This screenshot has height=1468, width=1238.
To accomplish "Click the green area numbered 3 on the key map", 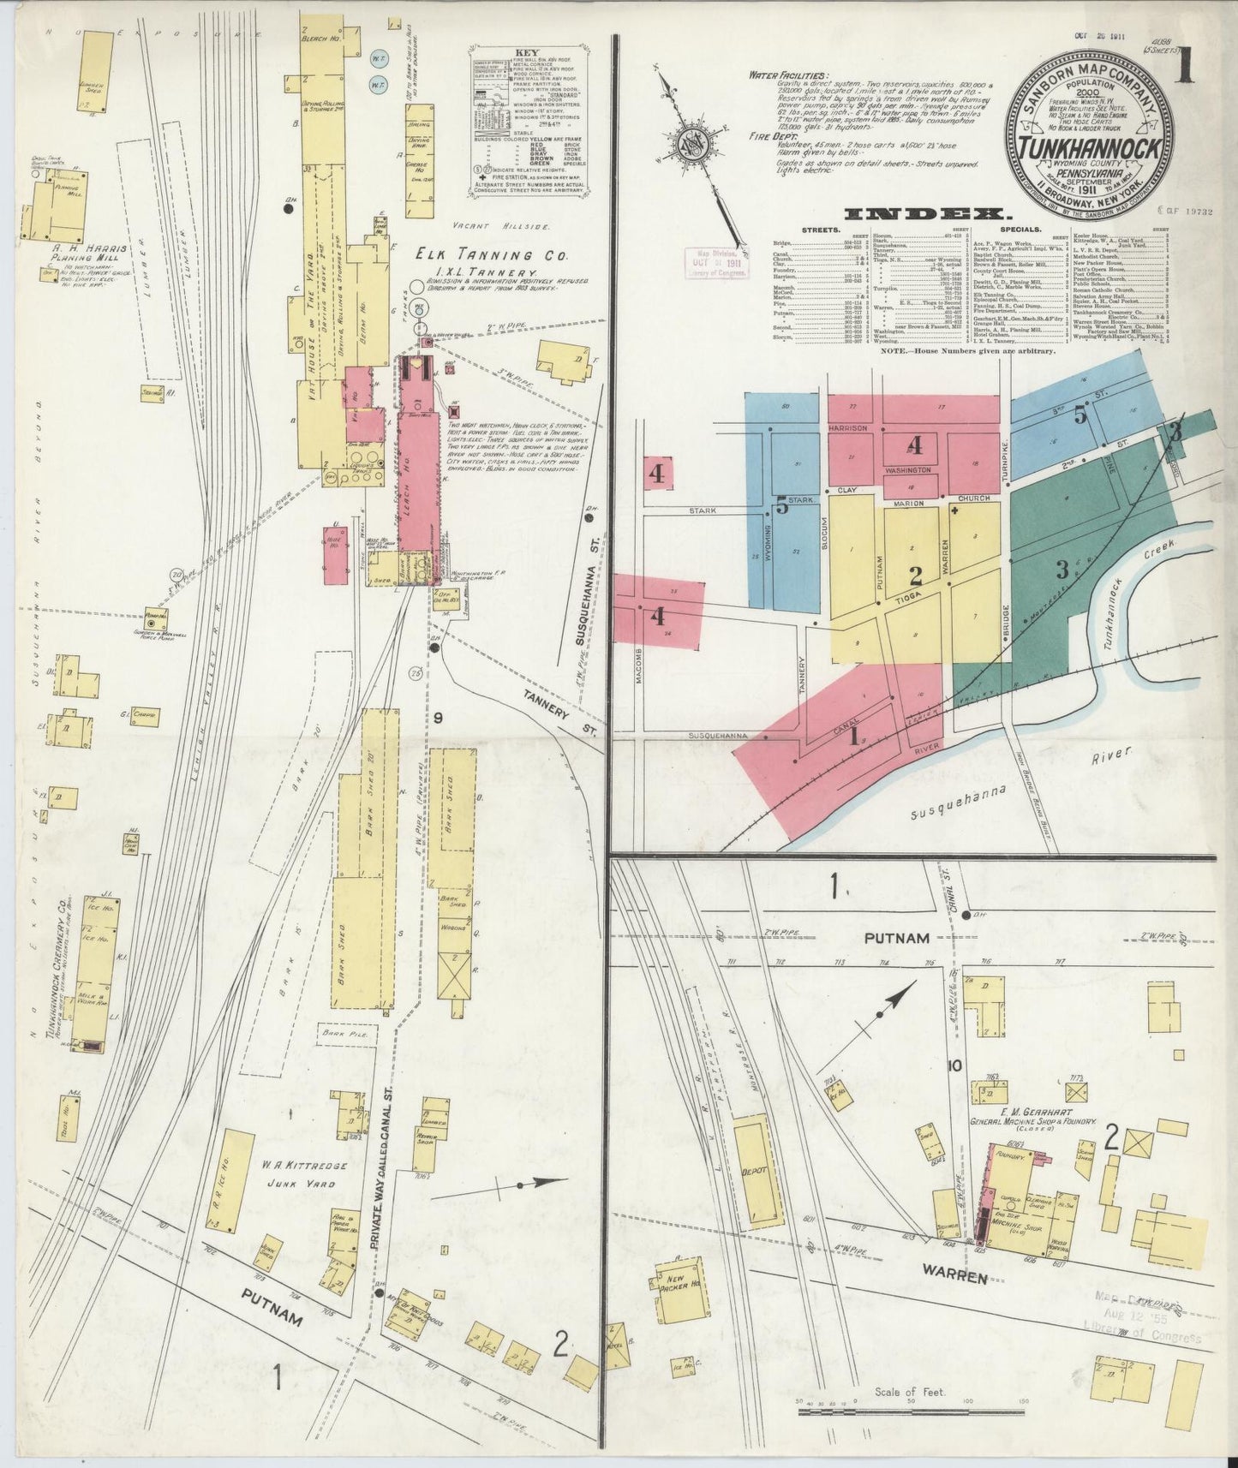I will (x=1062, y=569).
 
